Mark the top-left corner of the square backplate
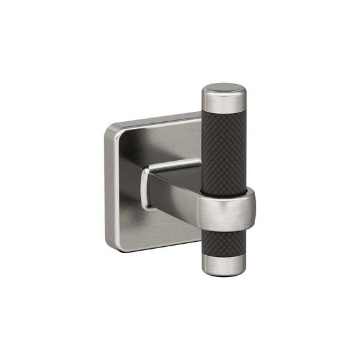tap(111, 129)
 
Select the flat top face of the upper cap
tap(224, 87)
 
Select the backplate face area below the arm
tap(163, 226)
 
